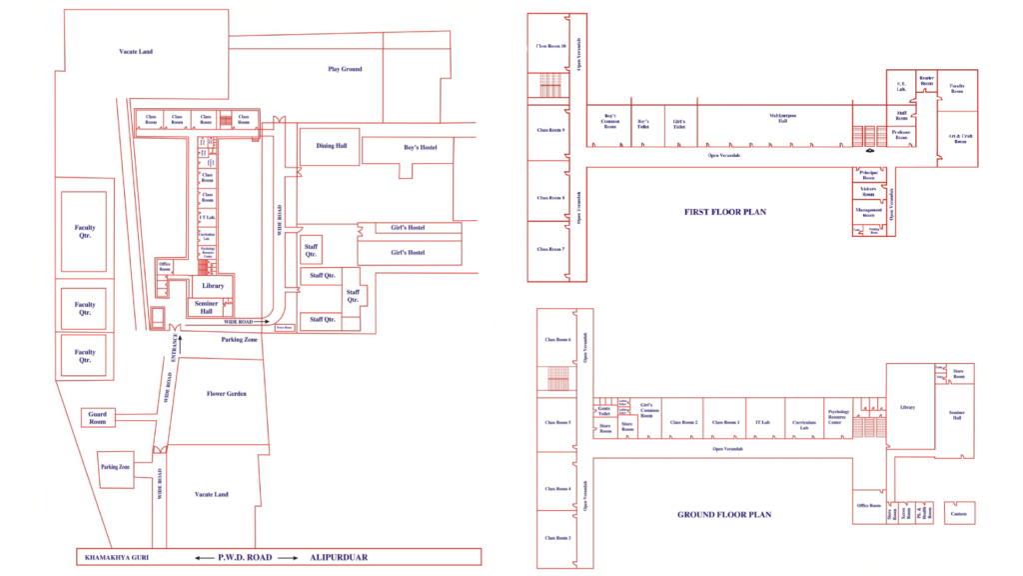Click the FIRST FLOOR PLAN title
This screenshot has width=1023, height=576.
[724, 212]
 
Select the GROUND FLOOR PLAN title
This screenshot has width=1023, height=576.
[724, 515]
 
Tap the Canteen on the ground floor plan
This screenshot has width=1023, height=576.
[958, 514]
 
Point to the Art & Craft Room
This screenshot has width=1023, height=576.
[958, 139]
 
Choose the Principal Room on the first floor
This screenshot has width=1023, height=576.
[868, 175]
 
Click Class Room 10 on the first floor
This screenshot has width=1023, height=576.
[551, 46]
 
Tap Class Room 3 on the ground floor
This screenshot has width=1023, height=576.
[557, 538]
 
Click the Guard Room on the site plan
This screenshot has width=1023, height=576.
[97, 417]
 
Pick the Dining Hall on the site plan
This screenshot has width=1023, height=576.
[332, 146]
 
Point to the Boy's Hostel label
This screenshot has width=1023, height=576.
[421, 148]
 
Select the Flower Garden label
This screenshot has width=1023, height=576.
[226, 393]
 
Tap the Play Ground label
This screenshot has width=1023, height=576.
[345, 69]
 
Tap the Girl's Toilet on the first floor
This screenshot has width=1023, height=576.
[679, 125]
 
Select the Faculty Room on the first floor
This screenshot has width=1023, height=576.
[956, 90]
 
